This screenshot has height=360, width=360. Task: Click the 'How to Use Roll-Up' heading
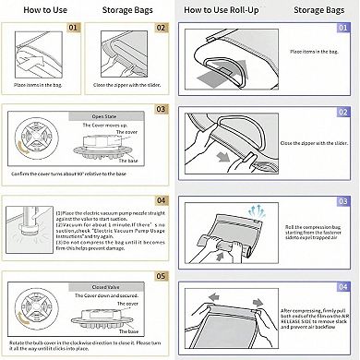tap(224, 10)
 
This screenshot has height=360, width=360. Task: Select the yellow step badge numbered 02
tap(161, 29)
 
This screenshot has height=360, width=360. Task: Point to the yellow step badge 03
tap(161, 109)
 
